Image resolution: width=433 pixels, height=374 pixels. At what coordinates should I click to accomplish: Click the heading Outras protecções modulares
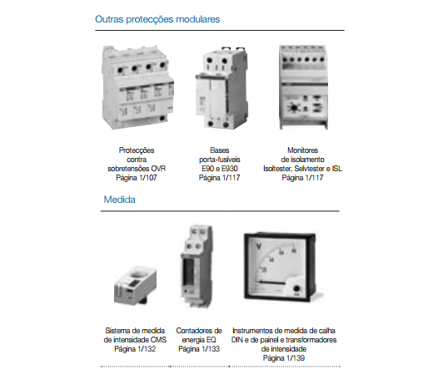157,19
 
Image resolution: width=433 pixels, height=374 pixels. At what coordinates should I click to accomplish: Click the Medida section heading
120,199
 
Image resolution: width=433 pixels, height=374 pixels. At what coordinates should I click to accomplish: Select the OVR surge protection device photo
138,87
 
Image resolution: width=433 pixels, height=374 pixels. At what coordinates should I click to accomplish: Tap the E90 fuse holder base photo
221,88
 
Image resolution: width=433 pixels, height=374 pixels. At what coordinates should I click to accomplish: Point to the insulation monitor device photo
303,87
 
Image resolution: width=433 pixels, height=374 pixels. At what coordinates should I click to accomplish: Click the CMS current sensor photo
135,285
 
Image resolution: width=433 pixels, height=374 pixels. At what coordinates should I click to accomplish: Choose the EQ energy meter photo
197,267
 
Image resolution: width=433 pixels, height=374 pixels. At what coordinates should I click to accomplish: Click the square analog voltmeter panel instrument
280,267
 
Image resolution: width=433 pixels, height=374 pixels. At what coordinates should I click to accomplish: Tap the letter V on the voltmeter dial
259,246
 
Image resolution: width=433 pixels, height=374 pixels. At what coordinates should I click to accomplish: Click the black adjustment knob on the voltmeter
296,289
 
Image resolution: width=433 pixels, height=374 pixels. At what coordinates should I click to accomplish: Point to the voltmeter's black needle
271,283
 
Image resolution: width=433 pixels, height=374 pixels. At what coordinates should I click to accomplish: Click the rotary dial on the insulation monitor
293,107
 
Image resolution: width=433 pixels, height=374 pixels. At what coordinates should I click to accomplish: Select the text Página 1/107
137,178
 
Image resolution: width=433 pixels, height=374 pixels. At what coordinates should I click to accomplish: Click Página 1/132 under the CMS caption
135,349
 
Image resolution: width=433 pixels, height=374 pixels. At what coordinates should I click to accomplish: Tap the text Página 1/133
199,349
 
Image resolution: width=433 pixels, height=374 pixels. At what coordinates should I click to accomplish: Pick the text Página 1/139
284,358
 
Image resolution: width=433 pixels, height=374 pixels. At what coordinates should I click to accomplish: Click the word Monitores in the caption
302,150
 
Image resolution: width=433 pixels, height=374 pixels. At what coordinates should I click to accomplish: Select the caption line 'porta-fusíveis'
220,160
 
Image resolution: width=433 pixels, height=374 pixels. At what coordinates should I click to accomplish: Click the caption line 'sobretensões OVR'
137,169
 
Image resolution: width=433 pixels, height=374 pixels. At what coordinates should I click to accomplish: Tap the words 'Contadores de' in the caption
199,331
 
